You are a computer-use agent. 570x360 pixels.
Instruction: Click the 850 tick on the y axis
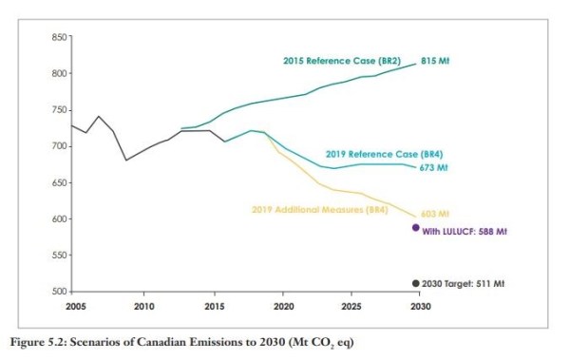(x=58, y=37)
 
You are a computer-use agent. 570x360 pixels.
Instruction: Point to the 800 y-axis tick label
(x=58, y=74)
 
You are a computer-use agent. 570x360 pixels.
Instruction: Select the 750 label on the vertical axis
(x=58, y=110)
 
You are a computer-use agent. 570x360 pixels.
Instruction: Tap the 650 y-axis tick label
(x=58, y=182)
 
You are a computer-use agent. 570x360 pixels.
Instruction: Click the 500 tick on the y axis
(x=58, y=292)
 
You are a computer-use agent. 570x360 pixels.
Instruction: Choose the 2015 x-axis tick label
(x=214, y=307)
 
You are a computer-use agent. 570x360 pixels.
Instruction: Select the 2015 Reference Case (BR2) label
(x=343, y=61)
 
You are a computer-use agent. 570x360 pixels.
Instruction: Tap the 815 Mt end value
(x=435, y=60)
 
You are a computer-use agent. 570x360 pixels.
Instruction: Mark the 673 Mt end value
(x=434, y=168)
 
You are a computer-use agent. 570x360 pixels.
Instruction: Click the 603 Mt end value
(x=434, y=214)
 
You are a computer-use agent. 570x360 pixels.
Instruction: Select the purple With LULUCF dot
(x=415, y=228)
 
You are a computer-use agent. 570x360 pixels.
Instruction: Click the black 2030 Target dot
(x=415, y=283)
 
